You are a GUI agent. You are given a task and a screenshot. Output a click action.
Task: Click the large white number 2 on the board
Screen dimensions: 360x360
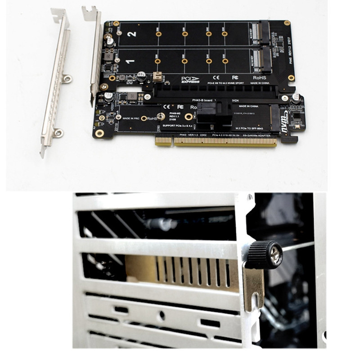131,34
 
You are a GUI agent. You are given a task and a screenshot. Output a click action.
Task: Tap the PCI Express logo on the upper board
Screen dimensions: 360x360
190,80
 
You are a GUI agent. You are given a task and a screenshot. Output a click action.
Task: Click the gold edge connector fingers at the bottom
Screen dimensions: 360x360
216,142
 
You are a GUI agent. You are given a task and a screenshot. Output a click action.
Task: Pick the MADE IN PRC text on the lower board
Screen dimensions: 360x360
130,118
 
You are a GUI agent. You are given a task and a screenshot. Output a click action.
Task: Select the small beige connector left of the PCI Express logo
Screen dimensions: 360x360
157,76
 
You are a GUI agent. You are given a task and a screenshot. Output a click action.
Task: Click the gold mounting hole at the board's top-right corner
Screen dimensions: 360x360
287,22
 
